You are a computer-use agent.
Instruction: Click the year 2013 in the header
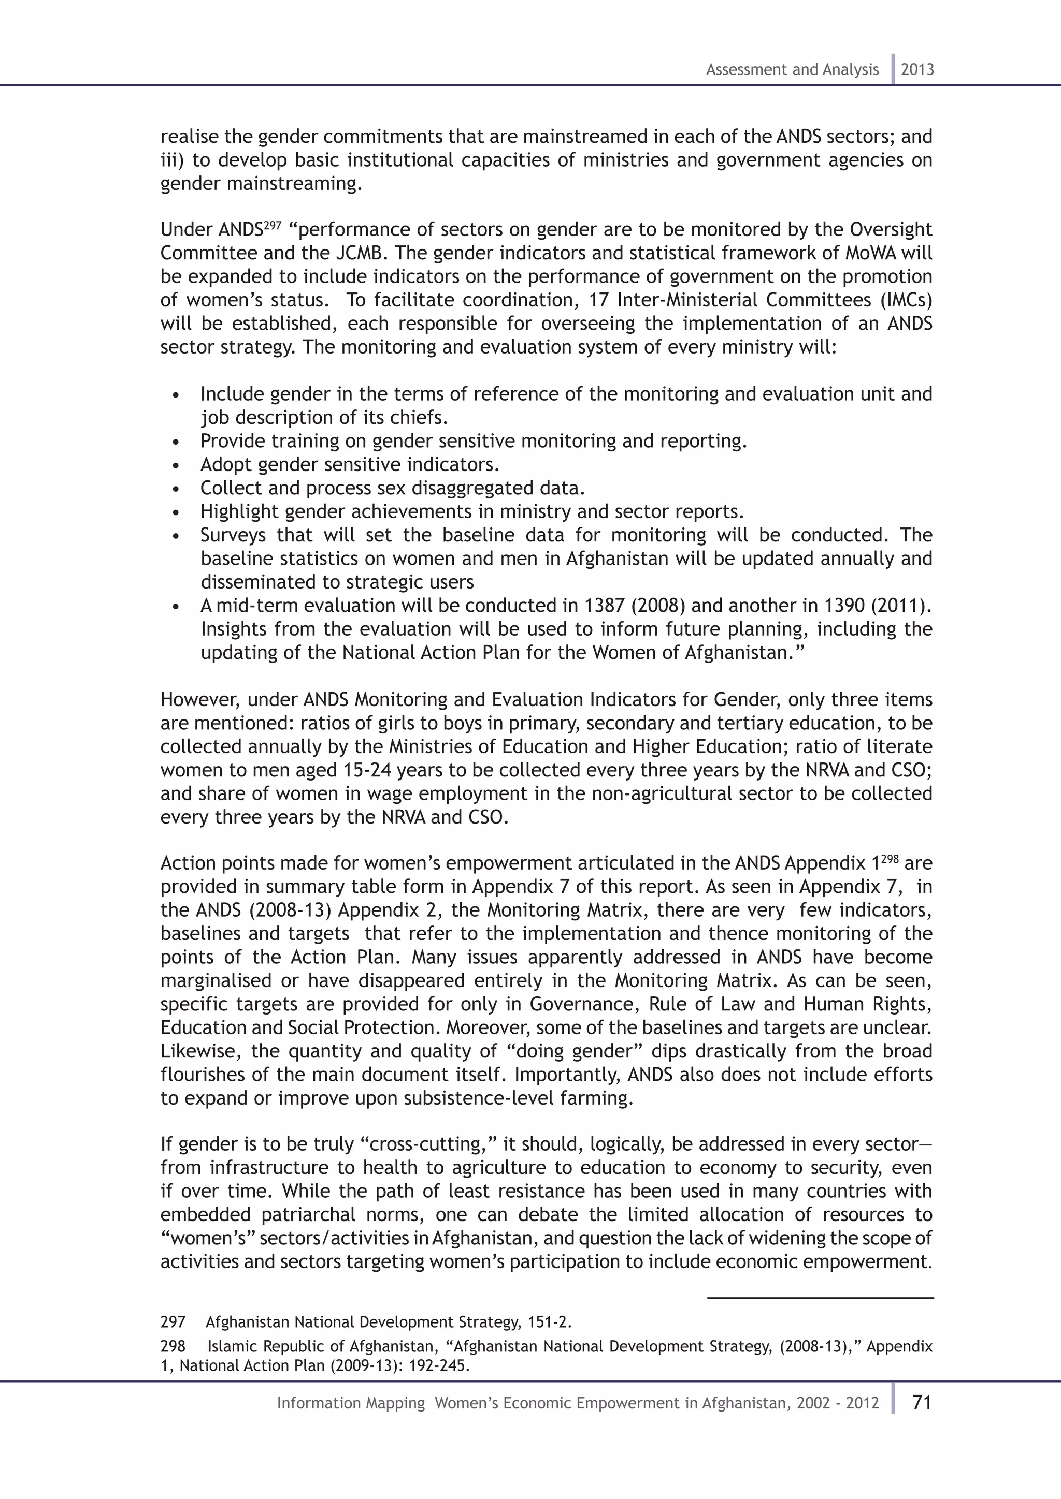(917, 70)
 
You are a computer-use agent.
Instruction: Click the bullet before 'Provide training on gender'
(176, 443)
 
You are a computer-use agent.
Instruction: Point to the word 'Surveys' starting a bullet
(233, 535)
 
